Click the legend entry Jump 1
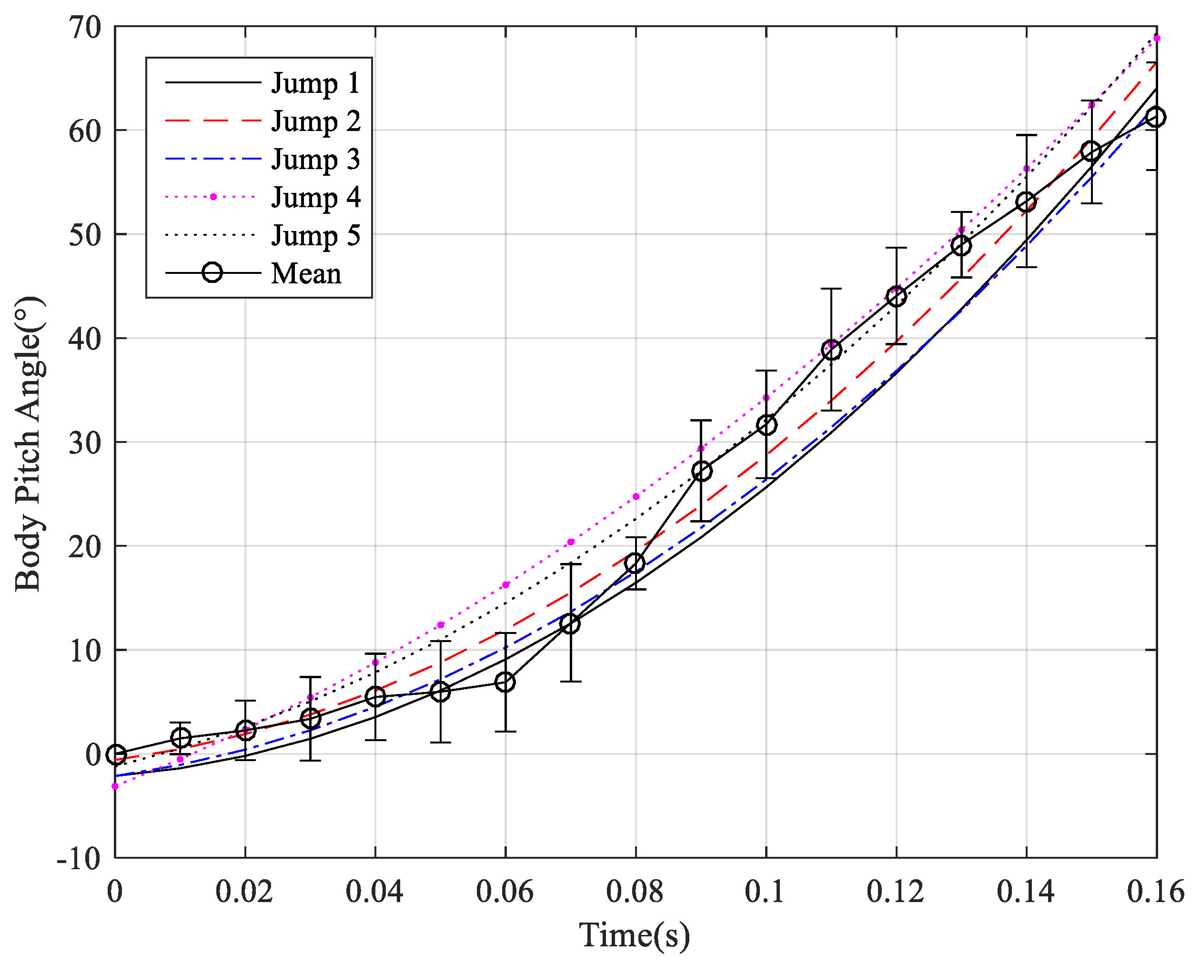click(315, 83)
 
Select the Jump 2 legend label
click(315, 121)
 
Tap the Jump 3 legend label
click(315, 160)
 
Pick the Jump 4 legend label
click(315, 198)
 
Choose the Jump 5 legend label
click(315, 236)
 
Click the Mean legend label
click(306, 274)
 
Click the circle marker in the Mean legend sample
click(212, 273)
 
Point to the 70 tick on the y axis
click(85, 27)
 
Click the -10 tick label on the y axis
click(79, 859)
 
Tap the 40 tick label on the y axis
click(85, 339)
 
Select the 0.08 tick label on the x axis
click(635, 892)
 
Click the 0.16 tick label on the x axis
click(1155, 892)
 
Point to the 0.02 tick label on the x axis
click(244, 892)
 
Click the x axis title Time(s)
click(635, 935)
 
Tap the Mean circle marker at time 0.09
click(702, 472)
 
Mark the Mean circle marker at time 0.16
click(1156, 117)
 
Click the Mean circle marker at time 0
click(116, 754)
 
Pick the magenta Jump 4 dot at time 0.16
click(1156, 39)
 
